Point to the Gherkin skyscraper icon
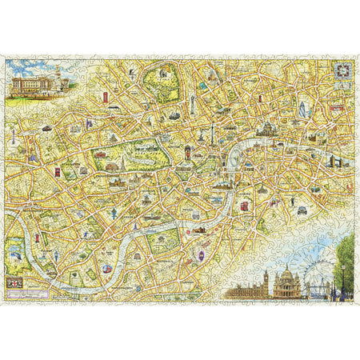coord(303,109)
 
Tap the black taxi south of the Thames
coord(302,210)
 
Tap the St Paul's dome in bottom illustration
coord(286,280)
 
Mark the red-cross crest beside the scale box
coord(14,284)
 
